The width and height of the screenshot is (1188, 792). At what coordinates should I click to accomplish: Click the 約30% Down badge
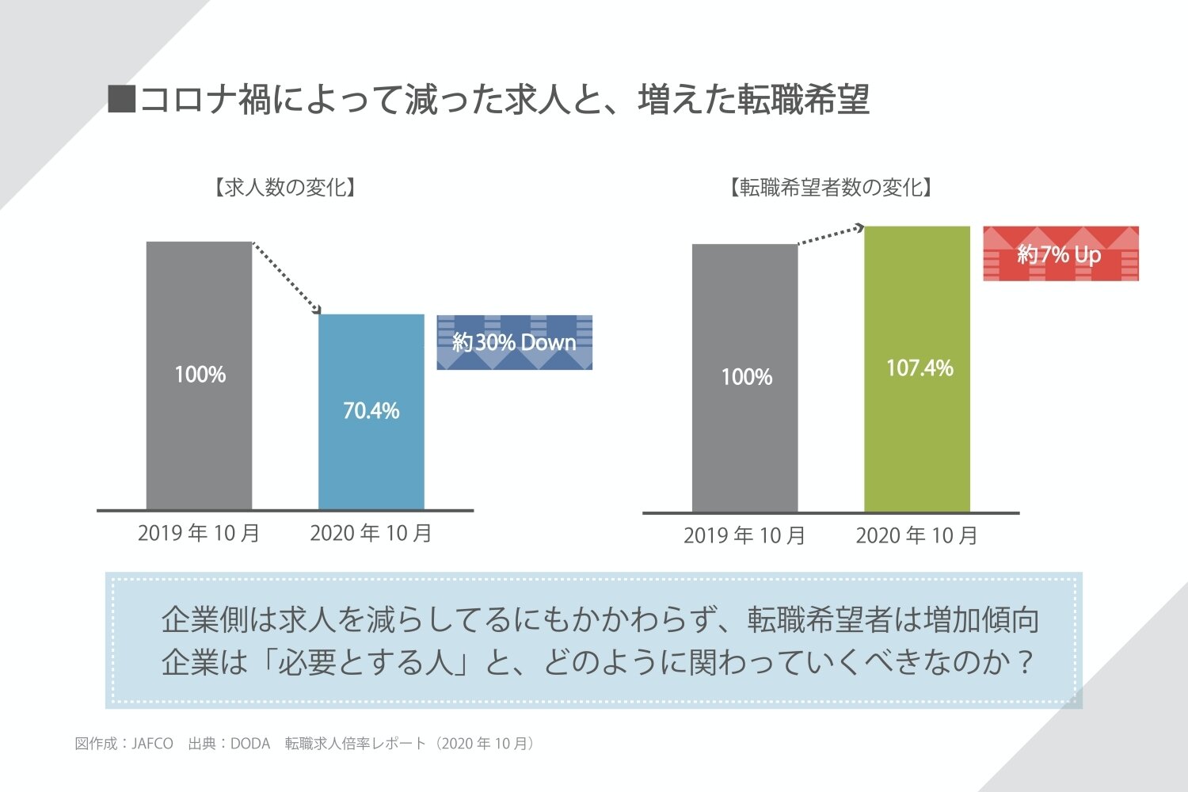514,342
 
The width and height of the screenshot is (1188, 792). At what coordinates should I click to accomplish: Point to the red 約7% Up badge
1060,253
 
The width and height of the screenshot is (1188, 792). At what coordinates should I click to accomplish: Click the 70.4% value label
371,410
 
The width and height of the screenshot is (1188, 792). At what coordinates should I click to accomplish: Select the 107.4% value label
919,367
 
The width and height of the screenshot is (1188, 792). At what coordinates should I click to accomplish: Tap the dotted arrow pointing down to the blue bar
287,277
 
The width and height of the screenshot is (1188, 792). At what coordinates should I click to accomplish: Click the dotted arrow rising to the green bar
830,235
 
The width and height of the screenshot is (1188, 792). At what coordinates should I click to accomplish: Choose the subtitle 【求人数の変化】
284,188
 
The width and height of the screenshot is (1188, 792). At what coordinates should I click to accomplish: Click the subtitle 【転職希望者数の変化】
830,188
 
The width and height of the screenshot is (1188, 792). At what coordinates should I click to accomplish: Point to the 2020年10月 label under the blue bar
371,533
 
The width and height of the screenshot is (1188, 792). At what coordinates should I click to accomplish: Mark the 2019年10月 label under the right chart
744,536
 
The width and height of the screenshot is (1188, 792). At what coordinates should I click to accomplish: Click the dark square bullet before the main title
121,100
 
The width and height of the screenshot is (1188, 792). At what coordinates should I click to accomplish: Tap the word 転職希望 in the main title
803,100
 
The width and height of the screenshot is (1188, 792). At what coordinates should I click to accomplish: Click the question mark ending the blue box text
1026,662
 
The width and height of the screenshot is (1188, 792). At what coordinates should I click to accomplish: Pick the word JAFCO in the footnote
152,744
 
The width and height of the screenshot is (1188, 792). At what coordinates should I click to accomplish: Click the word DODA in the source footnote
250,744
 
